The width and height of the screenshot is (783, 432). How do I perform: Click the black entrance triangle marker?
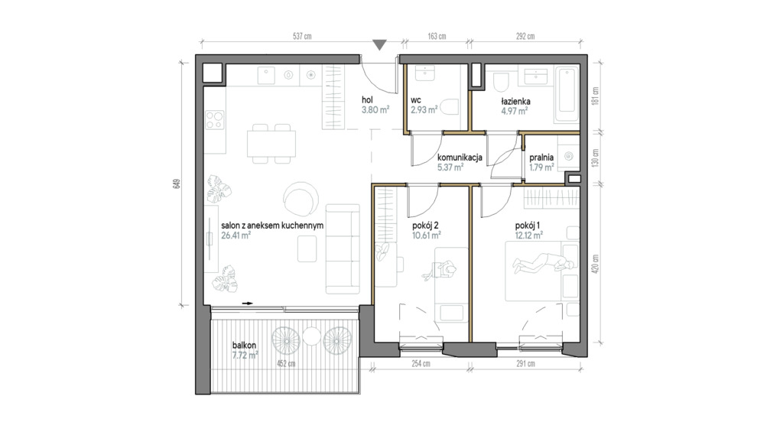380,45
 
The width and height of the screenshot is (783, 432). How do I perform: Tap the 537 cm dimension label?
302,37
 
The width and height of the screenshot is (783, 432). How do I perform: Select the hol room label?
368,100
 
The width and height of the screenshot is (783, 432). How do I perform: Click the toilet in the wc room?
450,107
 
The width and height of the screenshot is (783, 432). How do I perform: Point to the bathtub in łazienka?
567,93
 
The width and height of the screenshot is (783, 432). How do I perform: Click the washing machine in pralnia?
569,156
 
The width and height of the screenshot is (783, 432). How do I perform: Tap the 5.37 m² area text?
450,167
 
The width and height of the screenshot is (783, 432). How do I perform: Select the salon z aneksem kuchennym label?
272,226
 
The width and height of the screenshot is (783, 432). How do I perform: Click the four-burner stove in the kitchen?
215,120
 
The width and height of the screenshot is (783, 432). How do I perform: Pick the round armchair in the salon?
300,198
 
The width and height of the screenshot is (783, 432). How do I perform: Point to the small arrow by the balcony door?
248,303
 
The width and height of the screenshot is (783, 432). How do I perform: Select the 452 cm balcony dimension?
286,364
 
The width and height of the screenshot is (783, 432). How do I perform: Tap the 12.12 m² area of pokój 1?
529,235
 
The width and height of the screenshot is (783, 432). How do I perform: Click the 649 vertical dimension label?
177,184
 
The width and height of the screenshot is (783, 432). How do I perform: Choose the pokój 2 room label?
425,226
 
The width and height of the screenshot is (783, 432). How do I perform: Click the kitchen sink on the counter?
266,76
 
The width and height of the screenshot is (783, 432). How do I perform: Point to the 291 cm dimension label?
525,364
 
